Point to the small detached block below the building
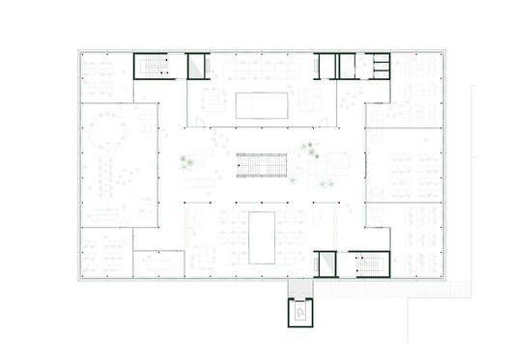(x=300, y=313)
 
